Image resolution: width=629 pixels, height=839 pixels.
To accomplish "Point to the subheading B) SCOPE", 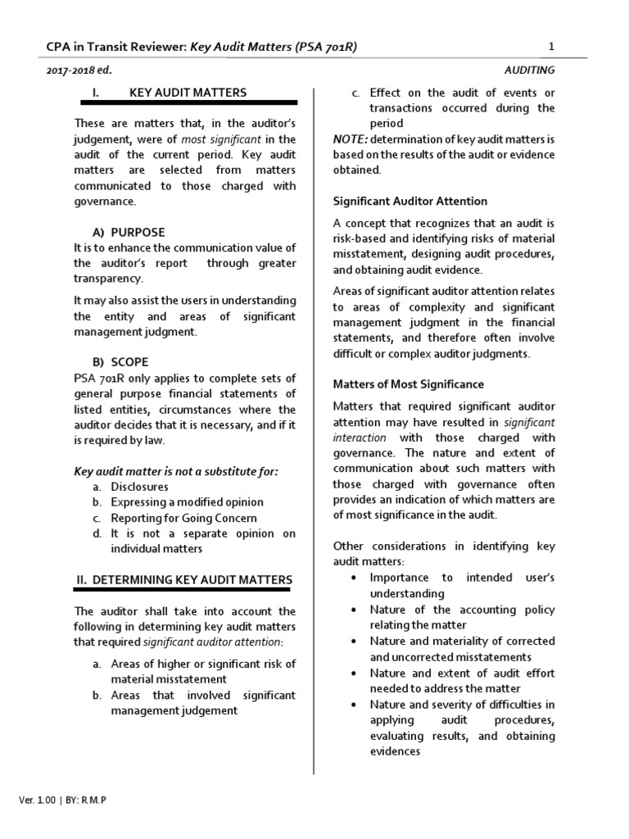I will (x=121, y=361).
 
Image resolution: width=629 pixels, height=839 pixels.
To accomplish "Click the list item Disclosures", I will (x=140, y=487).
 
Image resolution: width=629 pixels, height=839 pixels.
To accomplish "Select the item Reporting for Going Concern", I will (x=184, y=518).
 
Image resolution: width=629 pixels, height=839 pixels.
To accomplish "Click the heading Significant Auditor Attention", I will (x=410, y=201).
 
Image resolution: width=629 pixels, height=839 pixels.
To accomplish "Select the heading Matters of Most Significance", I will (x=408, y=383).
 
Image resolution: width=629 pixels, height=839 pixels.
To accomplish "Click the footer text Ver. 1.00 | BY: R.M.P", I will (x=61, y=800).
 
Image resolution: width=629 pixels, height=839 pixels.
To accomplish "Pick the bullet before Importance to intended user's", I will (x=352, y=578).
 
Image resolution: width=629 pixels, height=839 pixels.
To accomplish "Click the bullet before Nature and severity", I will (x=352, y=705).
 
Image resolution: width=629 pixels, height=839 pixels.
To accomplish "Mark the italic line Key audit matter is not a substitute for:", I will (x=176, y=471).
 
